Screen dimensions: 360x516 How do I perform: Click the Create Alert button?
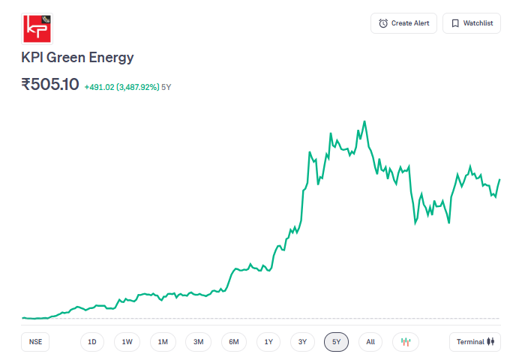tap(403, 23)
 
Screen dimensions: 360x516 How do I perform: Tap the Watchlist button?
tap(472, 23)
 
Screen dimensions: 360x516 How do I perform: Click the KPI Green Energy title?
tap(77, 58)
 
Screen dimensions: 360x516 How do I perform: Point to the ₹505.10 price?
tap(50, 85)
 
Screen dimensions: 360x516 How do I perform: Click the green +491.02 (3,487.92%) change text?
tap(121, 87)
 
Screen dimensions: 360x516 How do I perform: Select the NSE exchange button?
tap(35, 342)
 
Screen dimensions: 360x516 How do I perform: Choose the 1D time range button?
tap(92, 342)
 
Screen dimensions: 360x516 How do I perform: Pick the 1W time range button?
tap(127, 342)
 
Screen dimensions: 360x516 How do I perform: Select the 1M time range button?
tap(163, 342)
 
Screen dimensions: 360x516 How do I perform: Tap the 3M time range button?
tap(198, 342)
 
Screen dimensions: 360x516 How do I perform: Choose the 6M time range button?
tap(234, 342)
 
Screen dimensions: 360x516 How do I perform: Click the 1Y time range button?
tap(268, 342)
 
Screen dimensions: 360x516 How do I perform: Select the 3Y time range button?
tap(302, 342)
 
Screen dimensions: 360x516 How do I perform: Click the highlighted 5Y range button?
tap(337, 342)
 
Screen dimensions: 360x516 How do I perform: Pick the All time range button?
tap(370, 342)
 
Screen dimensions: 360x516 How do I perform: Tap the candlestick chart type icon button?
tap(406, 342)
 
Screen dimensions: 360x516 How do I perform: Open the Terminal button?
tap(475, 342)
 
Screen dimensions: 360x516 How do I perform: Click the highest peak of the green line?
tap(364, 121)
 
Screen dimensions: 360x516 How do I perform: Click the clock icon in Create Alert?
tap(383, 23)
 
